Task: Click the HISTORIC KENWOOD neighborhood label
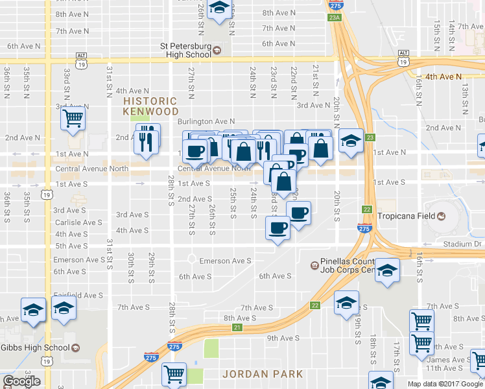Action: (150, 106)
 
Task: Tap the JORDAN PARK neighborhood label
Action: (263, 374)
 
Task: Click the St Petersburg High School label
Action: (185, 50)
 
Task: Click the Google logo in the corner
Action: (21, 381)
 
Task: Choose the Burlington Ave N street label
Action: (206, 121)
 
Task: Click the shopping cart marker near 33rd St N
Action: (73, 119)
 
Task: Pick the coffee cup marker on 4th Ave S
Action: (278, 229)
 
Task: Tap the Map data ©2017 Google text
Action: (445, 384)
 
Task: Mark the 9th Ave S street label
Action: (283, 338)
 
